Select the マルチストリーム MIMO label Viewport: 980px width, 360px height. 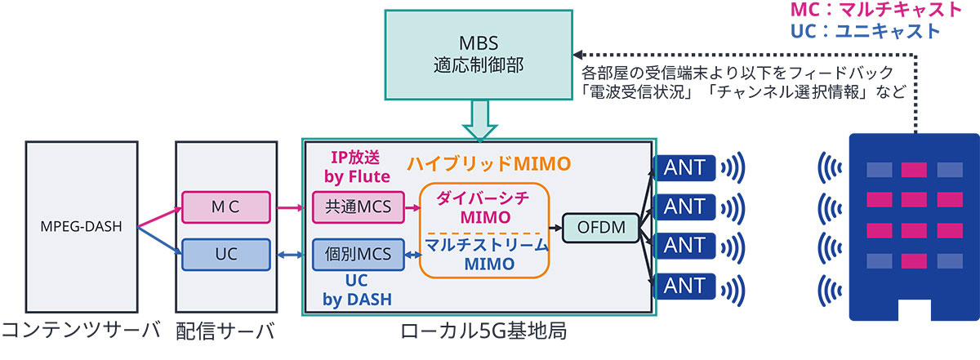[484, 253]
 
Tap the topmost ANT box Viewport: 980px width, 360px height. [684, 168]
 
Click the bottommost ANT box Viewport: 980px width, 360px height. [684, 286]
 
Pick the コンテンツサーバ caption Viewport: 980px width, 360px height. [79, 333]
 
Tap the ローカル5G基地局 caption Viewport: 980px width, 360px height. [476, 333]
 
